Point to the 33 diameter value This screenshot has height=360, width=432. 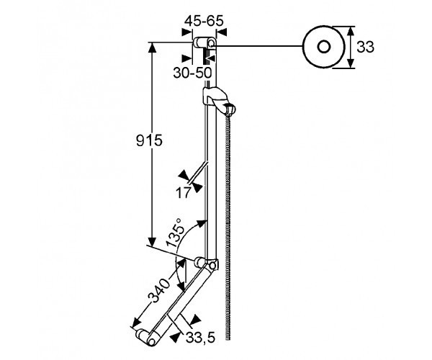(x=365, y=48)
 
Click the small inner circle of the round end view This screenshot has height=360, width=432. (x=323, y=47)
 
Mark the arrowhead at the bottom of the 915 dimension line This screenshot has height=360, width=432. (x=153, y=243)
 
